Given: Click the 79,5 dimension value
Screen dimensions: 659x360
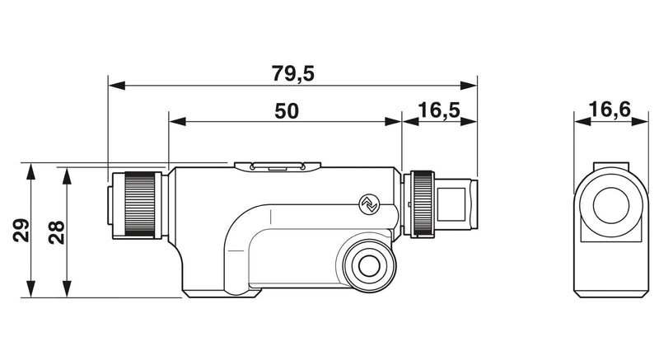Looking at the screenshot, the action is pyautogui.click(x=292, y=73).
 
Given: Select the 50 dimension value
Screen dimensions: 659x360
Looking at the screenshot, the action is pyautogui.click(x=287, y=111).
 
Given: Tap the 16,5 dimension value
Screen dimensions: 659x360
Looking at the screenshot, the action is pyautogui.click(x=439, y=110).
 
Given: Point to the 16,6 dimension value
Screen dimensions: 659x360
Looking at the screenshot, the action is pyautogui.click(x=610, y=110).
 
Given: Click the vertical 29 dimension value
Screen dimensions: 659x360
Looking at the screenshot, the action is pyautogui.click(x=21, y=230).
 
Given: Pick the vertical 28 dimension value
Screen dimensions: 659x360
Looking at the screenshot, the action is pyautogui.click(x=56, y=232).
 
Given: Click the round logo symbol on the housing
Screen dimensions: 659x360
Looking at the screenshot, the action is pyautogui.click(x=370, y=204).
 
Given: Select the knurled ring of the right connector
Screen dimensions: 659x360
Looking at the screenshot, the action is pyautogui.click(x=423, y=203).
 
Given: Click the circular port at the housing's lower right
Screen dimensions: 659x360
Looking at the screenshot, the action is pyautogui.click(x=369, y=265).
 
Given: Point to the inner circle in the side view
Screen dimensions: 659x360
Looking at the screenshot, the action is pyautogui.click(x=611, y=205).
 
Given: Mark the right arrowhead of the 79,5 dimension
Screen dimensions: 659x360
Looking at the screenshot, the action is pyautogui.click(x=469, y=86).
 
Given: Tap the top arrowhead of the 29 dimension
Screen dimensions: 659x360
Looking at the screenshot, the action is pyautogui.click(x=30, y=172).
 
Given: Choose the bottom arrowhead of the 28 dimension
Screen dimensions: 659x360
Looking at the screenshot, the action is pyautogui.click(x=66, y=289).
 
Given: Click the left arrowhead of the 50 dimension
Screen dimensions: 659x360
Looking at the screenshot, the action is pyautogui.click(x=177, y=121).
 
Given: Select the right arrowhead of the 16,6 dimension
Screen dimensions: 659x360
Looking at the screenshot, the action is pyautogui.click(x=640, y=121).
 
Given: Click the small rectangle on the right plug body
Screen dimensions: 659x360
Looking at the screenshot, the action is pyautogui.click(x=451, y=204).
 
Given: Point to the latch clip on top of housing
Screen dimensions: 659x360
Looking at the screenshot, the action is pyautogui.click(x=278, y=167).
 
